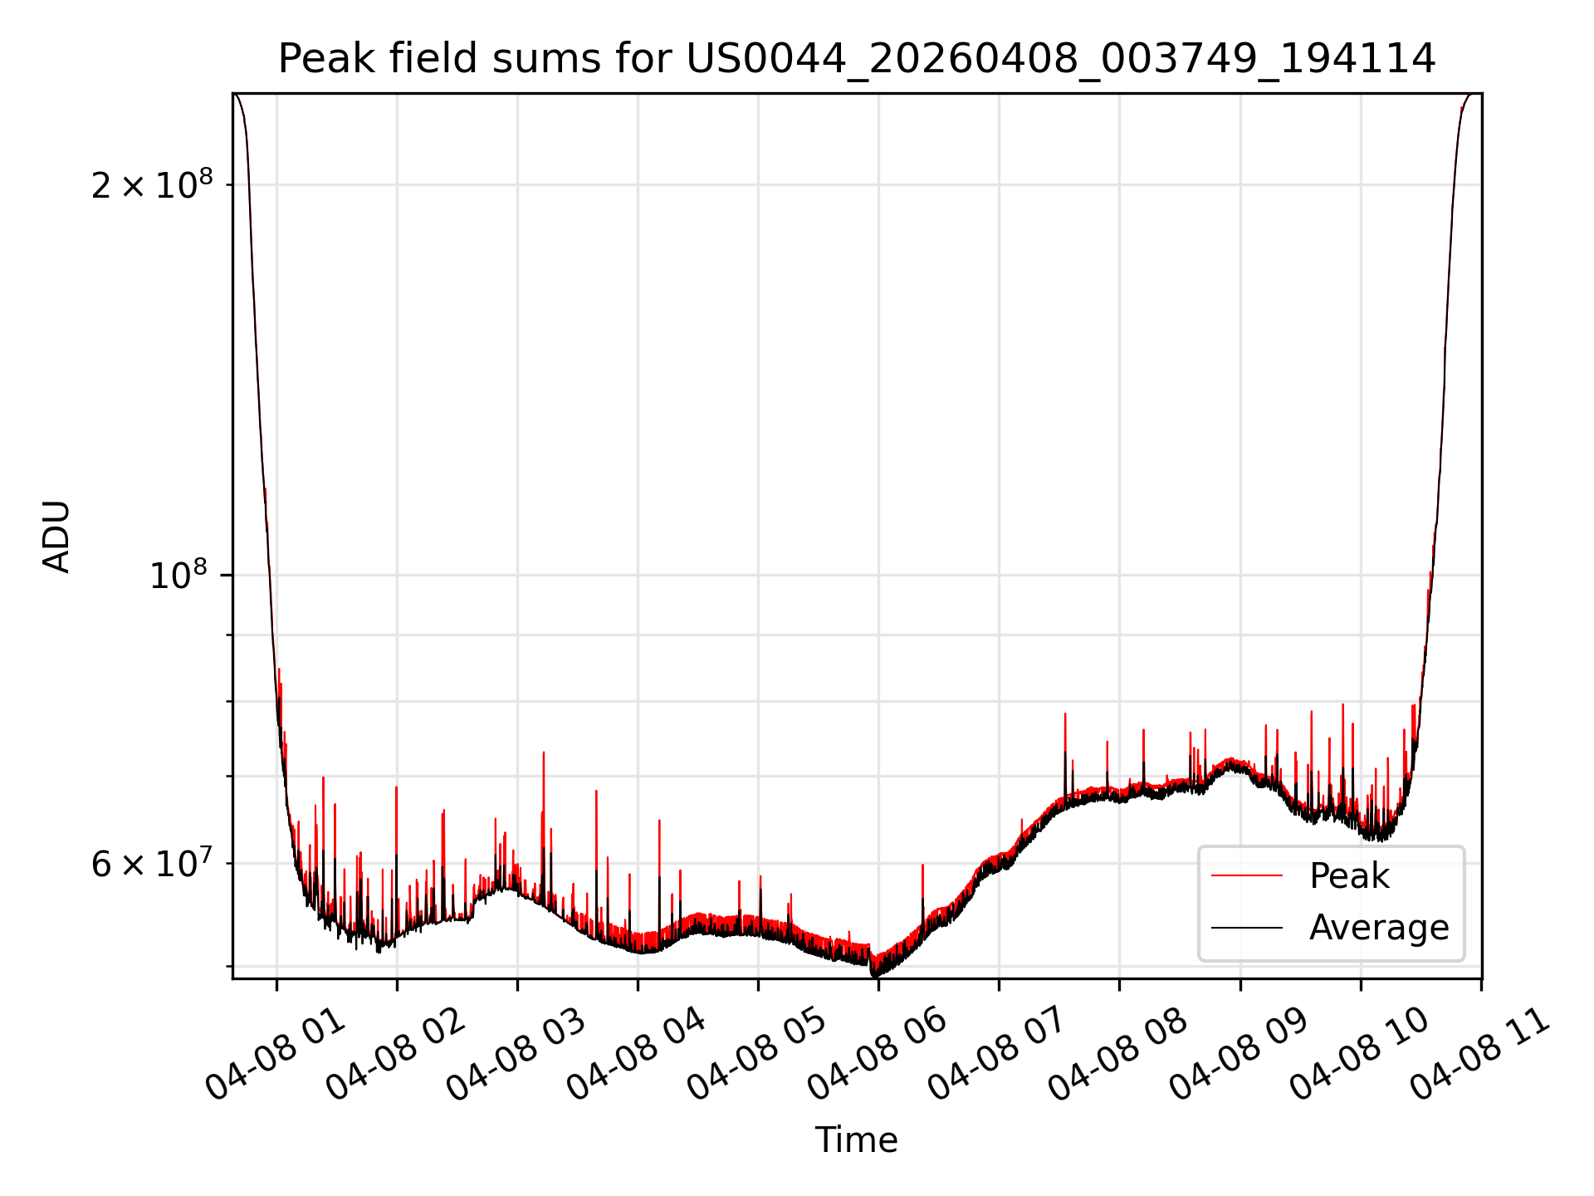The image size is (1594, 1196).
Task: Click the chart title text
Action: (x=857, y=59)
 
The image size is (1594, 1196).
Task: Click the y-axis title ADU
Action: (x=56, y=537)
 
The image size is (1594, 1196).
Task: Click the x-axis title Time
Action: (x=856, y=1140)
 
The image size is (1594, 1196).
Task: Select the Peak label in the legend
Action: (x=1349, y=876)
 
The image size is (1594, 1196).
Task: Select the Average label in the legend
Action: (x=1379, y=928)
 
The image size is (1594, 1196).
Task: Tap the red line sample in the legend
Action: (x=1247, y=876)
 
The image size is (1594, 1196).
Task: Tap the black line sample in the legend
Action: (x=1247, y=928)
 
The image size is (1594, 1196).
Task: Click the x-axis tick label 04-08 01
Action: (x=276, y=1053)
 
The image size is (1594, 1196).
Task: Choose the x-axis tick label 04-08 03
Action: (x=516, y=1053)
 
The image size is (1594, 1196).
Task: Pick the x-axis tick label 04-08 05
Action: (x=757, y=1053)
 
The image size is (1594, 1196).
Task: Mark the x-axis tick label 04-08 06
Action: (x=878, y=1053)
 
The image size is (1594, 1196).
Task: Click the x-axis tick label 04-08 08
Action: (x=1118, y=1053)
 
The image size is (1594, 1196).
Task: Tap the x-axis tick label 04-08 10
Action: (x=1360, y=1053)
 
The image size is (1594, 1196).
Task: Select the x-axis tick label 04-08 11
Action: (x=1480, y=1053)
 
